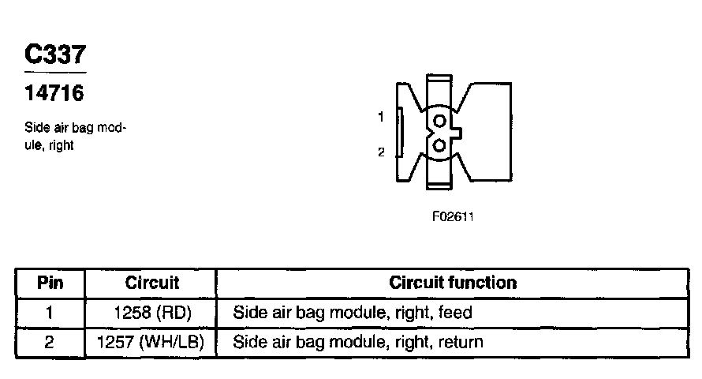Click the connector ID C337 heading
tap(54, 55)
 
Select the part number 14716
tap(54, 93)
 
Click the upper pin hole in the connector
tap(439, 120)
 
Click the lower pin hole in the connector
tap(439, 145)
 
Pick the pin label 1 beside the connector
tap(380, 117)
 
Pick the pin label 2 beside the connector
tap(380, 152)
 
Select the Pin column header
tap(50, 283)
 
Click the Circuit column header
tap(152, 283)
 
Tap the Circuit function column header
tap(453, 283)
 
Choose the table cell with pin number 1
tap(50, 313)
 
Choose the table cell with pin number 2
tap(50, 343)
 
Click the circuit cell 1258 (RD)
tap(152, 313)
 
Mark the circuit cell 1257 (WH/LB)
tap(151, 343)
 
